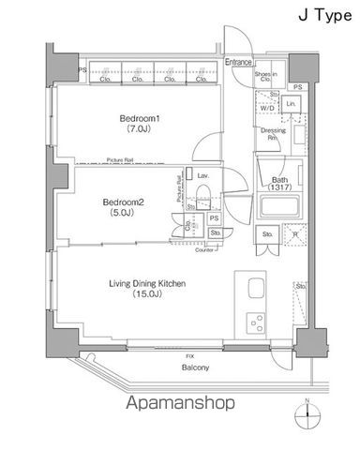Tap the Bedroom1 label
(x=139, y=118)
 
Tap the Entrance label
(x=239, y=63)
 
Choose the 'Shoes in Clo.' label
(x=266, y=77)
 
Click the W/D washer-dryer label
(x=268, y=108)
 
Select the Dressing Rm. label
(x=271, y=134)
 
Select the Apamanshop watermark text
(x=179, y=404)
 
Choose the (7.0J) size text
(x=139, y=132)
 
